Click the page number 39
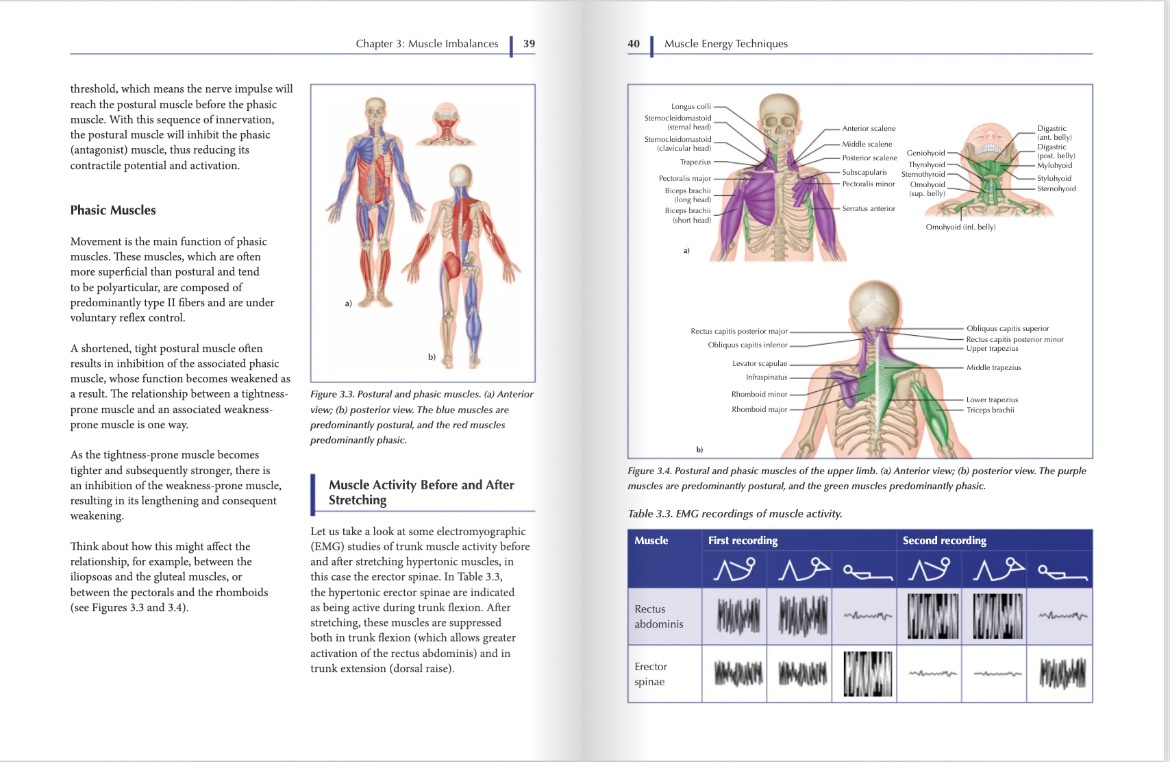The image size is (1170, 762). pyautogui.click(x=529, y=44)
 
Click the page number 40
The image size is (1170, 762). pyautogui.click(x=634, y=44)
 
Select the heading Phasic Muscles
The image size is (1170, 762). pyautogui.click(x=113, y=210)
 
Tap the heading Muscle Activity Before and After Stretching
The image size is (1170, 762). pyautogui.click(x=421, y=493)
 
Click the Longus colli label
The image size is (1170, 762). pyautogui.click(x=690, y=107)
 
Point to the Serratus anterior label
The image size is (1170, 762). pyautogui.click(x=869, y=209)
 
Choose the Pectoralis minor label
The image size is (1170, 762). pyautogui.click(x=869, y=184)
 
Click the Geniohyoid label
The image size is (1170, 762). pyautogui.click(x=925, y=153)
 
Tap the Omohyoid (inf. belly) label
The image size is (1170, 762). pyautogui.click(x=960, y=228)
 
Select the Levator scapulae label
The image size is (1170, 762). pyautogui.click(x=760, y=364)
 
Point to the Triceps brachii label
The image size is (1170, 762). pyautogui.click(x=990, y=410)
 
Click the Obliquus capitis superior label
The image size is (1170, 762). pyautogui.click(x=1008, y=329)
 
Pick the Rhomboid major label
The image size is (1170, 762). pyautogui.click(x=759, y=410)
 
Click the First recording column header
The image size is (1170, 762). pyautogui.click(x=743, y=541)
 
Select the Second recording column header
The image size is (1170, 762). pyautogui.click(x=944, y=541)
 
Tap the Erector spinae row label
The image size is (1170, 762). pyautogui.click(x=650, y=674)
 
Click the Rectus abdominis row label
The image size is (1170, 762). pyautogui.click(x=658, y=617)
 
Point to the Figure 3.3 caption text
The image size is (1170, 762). pyautogui.click(x=421, y=417)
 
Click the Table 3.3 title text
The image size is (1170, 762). pyautogui.click(x=735, y=514)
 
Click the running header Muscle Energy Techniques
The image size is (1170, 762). pyautogui.click(x=725, y=44)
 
